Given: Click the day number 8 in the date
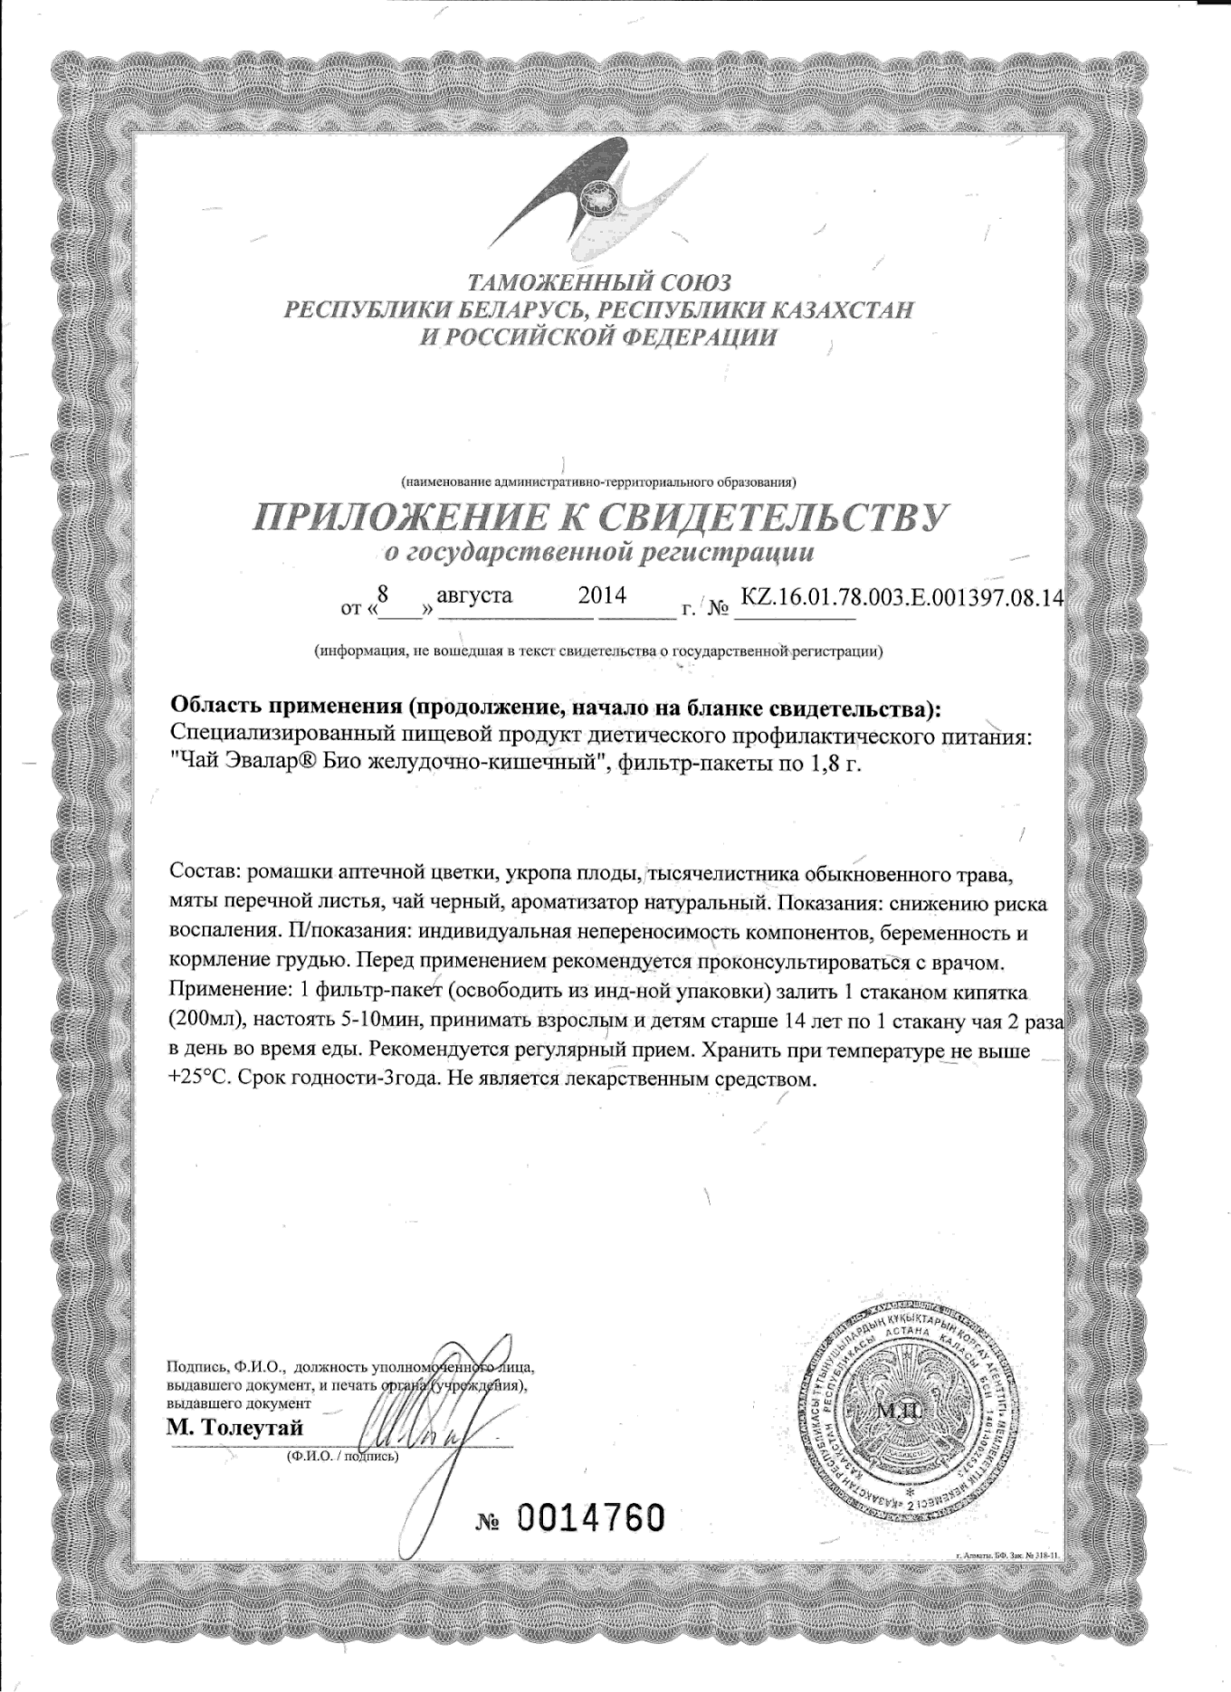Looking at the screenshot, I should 383,594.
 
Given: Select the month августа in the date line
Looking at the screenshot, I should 474,595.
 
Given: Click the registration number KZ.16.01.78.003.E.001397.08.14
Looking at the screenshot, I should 901,596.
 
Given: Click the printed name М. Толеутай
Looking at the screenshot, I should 235,1429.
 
